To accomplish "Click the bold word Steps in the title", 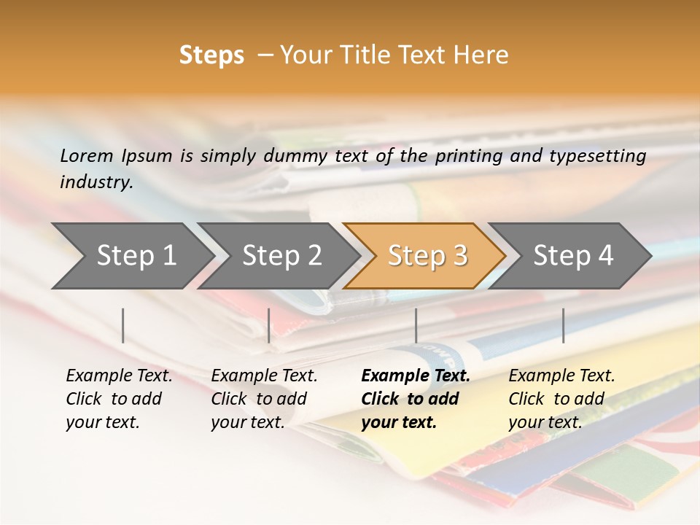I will (211, 55).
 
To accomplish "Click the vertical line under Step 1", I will (123, 325).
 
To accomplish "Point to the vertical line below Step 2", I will (269, 325).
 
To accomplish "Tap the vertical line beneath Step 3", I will (416, 325).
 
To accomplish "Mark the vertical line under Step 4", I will (564, 325).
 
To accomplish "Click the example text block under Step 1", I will (118, 399).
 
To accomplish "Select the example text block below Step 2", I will (264, 399).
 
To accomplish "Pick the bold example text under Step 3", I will (415, 399).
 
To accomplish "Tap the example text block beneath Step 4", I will (561, 399).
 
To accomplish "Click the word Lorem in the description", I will (87, 155).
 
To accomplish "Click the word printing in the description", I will (469, 156).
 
